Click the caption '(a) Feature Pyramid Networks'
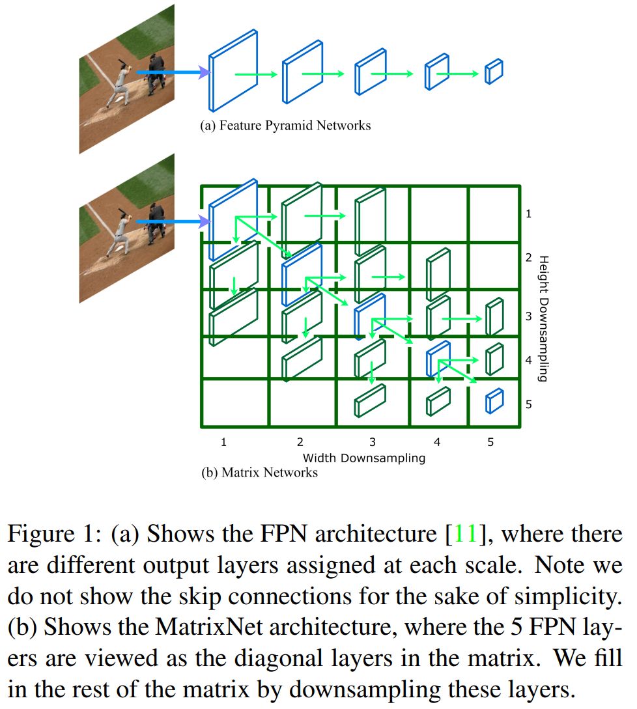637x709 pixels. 285,125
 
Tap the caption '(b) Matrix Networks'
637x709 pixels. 259,473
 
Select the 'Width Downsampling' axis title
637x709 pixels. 363,458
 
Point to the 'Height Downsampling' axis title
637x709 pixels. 544,318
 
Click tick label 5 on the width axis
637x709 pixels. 490,442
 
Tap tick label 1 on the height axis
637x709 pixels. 528,214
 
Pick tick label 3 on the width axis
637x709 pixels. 373,442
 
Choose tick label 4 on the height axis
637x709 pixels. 528,359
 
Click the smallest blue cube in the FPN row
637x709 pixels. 494,72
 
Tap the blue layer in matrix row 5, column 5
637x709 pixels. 494,400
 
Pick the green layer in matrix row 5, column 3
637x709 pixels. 369,400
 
